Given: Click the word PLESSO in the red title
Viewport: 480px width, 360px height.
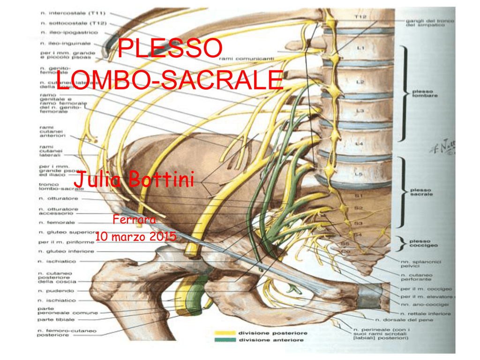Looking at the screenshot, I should click(x=169, y=49).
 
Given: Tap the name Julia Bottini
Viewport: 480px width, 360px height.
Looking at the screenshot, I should click(x=135, y=180).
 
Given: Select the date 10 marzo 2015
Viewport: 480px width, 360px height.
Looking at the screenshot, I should click(x=135, y=237).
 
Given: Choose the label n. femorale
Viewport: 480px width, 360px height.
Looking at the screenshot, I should click(x=56, y=223).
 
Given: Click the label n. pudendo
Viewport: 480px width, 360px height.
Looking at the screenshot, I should click(x=54, y=291).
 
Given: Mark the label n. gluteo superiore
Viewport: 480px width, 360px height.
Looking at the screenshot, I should click(x=65, y=232).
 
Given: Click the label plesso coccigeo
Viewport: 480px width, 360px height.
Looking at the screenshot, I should click(x=424, y=243).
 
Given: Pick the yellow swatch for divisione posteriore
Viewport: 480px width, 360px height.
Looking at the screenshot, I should click(x=225, y=333).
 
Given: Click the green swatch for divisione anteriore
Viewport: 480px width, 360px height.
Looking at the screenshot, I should click(x=225, y=340).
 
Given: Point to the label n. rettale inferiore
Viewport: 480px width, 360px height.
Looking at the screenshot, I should click(x=425, y=314).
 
